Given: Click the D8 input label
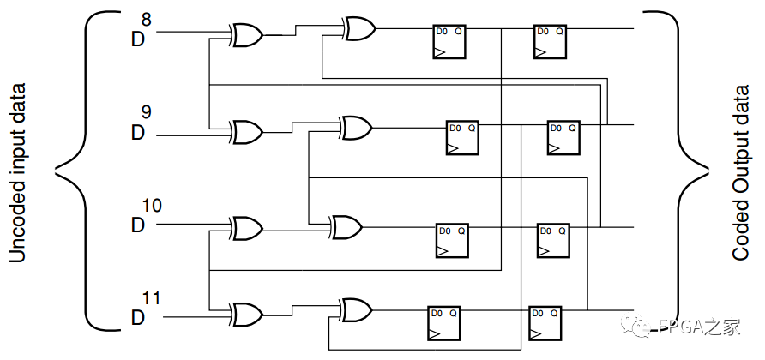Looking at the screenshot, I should [140, 30].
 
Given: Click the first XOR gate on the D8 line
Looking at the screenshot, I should [246, 35].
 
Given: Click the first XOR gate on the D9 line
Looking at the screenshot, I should [246, 132].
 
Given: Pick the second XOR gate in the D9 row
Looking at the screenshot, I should [356, 128].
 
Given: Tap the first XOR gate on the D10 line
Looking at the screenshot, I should [246, 227].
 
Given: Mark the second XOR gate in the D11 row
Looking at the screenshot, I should [355, 309].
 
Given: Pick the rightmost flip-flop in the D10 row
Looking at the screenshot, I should [553, 240].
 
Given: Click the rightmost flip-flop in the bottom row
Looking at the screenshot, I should [545, 322].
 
